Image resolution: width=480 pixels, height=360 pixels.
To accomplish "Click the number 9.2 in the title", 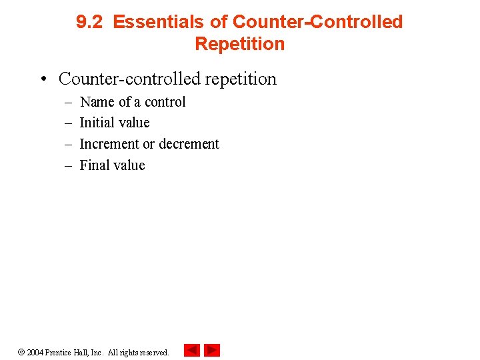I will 90,22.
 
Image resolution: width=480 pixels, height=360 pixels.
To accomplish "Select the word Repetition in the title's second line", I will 239,44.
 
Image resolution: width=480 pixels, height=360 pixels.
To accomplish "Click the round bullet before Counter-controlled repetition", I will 43,79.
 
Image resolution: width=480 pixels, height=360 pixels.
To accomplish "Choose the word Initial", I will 95,123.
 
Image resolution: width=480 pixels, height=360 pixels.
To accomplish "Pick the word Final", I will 93,165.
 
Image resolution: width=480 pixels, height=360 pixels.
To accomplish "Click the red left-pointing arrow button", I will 191,350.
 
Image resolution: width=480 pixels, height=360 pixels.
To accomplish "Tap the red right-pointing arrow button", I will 212,350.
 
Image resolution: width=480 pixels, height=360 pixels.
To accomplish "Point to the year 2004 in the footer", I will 35,352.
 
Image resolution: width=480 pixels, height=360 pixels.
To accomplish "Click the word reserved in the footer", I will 155,352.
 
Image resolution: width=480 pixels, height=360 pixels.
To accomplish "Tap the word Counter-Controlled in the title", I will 317,22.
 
